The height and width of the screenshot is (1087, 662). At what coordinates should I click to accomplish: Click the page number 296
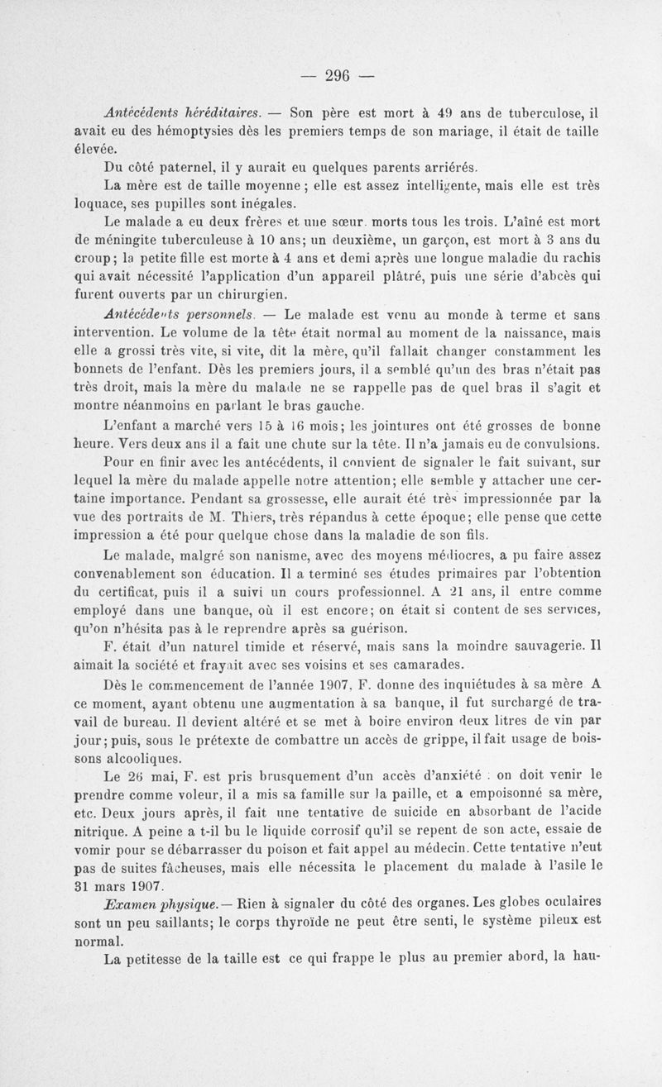[338, 75]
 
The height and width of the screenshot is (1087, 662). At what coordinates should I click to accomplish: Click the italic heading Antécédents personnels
[185, 314]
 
